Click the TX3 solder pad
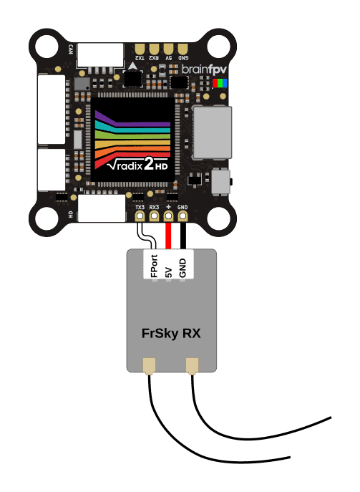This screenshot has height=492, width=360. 140,216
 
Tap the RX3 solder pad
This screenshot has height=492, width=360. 154,216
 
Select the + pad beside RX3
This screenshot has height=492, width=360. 168,216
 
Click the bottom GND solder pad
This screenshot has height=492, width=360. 183,216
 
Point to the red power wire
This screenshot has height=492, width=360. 168,236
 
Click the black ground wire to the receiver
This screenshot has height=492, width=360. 183,236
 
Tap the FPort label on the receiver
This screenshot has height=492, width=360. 154,266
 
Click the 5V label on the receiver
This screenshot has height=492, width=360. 169,272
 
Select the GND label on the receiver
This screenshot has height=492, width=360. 183,268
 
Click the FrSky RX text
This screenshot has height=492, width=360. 171,333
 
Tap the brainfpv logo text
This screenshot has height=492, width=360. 204,69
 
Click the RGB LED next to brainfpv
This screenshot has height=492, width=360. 220,83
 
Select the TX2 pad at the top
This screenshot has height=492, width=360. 140,49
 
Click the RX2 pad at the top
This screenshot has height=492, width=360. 154,49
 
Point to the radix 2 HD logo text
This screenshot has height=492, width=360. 137,165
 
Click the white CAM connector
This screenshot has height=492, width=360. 100,55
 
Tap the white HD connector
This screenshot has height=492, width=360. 102,208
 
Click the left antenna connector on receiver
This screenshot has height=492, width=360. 149,366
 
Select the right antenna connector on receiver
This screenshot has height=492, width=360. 193,366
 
